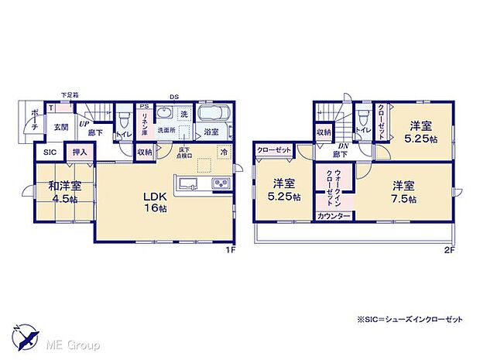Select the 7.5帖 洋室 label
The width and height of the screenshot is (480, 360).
coord(405,191)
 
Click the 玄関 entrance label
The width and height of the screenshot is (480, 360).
coord(60,126)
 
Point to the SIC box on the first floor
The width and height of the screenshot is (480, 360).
coord(50,153)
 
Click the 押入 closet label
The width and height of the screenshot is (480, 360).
coord(80,153)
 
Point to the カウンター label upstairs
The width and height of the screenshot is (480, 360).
coord(334,215)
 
